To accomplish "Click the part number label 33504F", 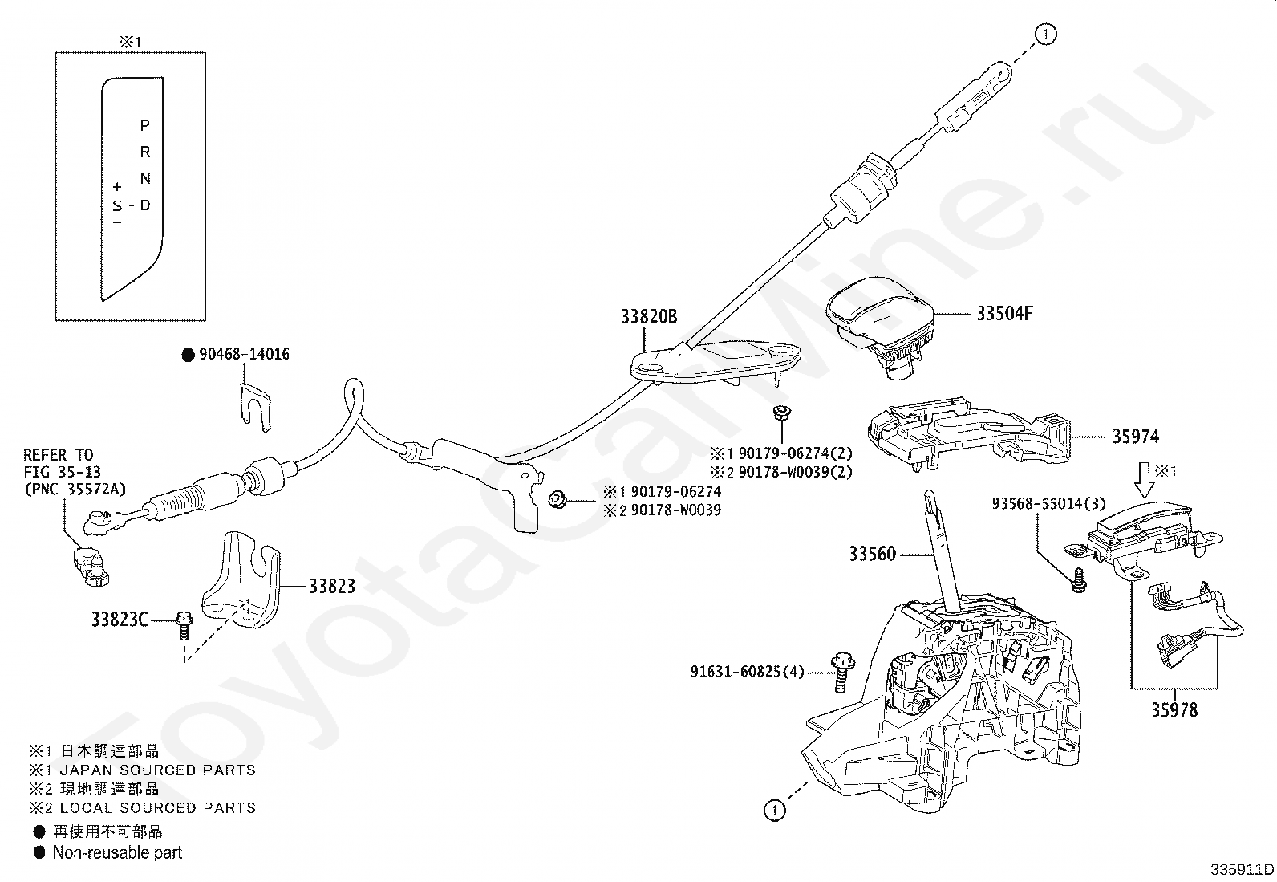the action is tap(1004, 313).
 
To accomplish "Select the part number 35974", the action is tap(1136, 437).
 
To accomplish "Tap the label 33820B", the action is tap(649, 317).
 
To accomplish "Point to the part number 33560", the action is tap(872, 554).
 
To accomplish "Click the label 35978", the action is tap(1174, 710).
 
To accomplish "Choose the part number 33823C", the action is tap(120, 620).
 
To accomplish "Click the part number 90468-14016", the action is tap(244, 354).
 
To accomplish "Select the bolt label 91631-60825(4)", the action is tap(747, 672).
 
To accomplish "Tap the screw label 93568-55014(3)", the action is tap(1049, 504).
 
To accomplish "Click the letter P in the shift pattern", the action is tap(145, 125).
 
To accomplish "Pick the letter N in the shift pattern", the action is tap(145, 179).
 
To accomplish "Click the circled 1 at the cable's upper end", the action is tap(1045, 35).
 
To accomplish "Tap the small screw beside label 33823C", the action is tap(184, 627).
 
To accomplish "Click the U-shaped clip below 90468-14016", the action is tap(255, 407).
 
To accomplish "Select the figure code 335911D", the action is tap(1242, 869).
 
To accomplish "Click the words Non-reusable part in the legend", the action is tap(117, 853).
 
